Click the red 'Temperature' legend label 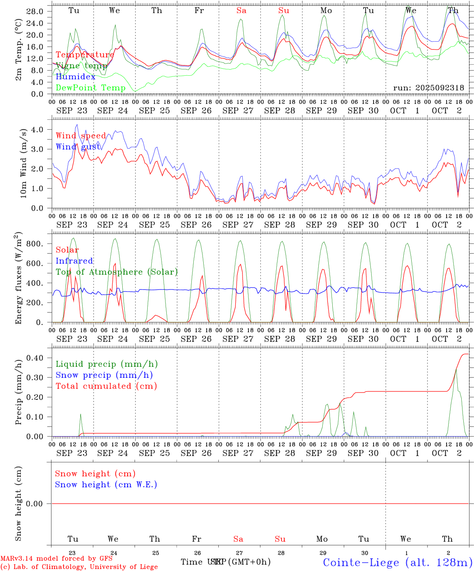click(85, 55)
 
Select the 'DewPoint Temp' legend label click(91, 88)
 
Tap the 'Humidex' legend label click(75, 77)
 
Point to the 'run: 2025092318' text click(428, 88)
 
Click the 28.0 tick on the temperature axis click(35, 11)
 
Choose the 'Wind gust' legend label click(78, 147)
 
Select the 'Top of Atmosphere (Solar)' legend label click(117, 272)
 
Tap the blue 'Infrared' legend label click(74, 261)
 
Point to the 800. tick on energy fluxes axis click(34, 244)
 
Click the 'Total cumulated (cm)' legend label click(106, 386)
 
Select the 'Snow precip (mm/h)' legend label click(104, 375)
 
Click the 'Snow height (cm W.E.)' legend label click(106, 485)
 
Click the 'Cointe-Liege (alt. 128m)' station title click(397, 562)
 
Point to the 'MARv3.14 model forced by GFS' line click(56, 558)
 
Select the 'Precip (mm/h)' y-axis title click(19, 392)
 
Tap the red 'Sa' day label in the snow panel click(238, 539)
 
